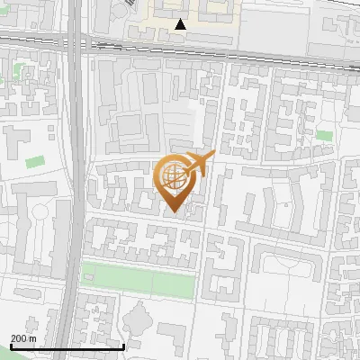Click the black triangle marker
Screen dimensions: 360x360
(181, 24)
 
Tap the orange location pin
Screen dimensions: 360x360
(178, 181)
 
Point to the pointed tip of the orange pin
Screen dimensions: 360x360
(175, 214)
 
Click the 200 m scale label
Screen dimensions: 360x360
(23, 338)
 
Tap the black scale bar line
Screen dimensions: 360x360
(67, 346)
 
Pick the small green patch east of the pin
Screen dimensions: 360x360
(324, 135)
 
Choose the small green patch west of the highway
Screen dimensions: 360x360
(35, 163)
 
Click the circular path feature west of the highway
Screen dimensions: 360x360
(38, 214)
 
